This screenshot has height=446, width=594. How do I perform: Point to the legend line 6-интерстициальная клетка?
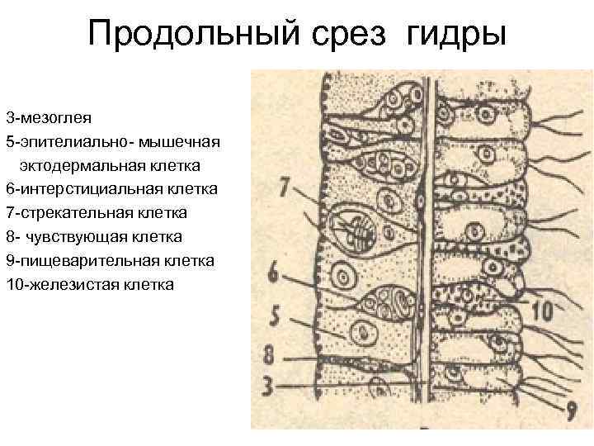(x=111, y=189)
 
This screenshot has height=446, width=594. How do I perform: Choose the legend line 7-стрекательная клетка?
(x=96, y=213)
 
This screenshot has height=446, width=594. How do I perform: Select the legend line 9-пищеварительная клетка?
(x=110, y=261)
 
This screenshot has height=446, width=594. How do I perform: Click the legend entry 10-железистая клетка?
(x=89, y=285)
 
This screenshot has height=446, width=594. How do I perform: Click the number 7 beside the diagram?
(x=285, y=187)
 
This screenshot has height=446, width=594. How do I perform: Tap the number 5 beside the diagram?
(x=276, y=316)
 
